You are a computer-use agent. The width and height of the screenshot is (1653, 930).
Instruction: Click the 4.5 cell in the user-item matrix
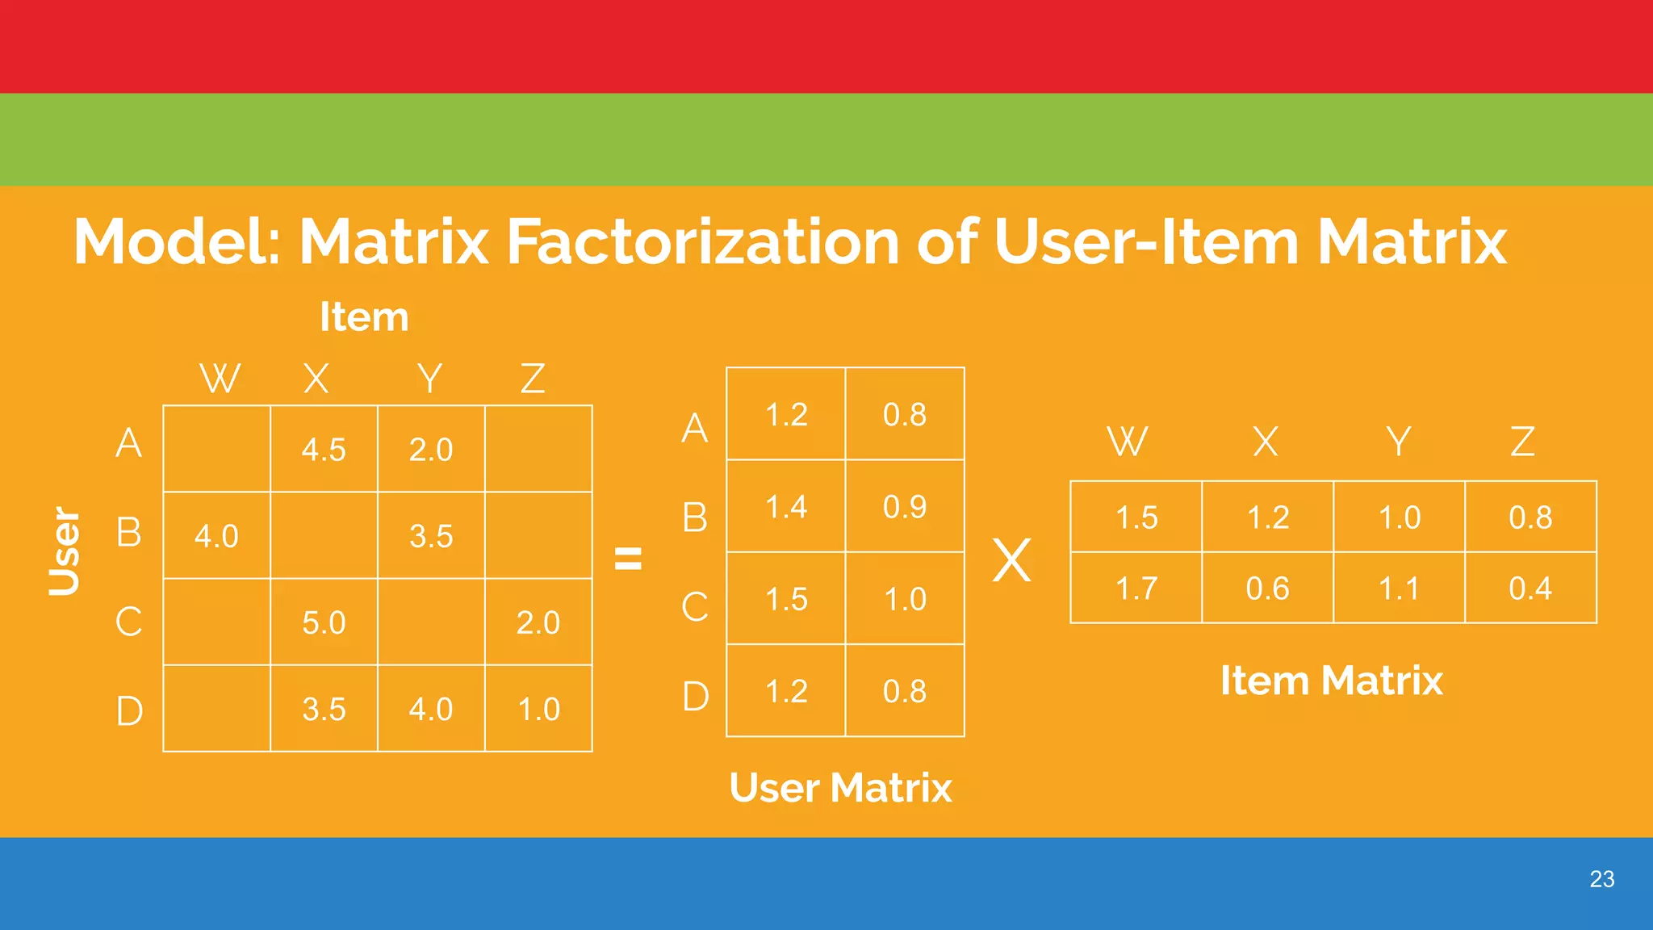tap(324, 450)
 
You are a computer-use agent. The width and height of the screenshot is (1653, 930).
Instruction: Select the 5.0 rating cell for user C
tap(324, 622)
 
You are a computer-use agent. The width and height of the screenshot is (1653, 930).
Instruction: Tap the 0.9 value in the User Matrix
tap(905, 507)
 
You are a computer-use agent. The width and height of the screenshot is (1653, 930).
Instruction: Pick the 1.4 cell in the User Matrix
tap(786, 507)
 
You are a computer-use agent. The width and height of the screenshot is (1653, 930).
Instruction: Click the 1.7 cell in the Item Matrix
tap(1136, 589)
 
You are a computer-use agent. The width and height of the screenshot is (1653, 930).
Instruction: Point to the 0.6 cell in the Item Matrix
tap(1267, 589)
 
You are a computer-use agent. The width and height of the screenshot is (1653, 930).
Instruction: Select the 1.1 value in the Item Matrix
tap(1399, 589)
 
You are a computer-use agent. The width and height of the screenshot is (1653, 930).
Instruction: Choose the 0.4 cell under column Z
tap(1530, 589)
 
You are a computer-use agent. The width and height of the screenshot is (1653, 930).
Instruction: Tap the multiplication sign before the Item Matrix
tap(1012, 560)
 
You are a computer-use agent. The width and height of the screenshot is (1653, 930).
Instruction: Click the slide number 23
tap(1601, 879)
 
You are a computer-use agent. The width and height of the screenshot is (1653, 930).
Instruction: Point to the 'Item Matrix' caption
tap(1331, 681)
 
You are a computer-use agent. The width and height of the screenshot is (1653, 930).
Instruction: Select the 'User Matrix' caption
tap(840, 788)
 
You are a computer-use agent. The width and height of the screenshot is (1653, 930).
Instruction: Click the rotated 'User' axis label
tap(65, 551)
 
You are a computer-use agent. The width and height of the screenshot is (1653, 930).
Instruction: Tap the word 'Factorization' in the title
tap(702, 241)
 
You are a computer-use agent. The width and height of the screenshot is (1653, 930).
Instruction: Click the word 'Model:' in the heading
tap(177, 241)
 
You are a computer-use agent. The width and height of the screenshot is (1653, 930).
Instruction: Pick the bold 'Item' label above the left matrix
tap(364, 316)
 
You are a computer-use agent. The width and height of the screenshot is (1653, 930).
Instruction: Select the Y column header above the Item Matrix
tap(1399, 442)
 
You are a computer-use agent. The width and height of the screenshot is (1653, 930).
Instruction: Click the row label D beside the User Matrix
tap(695, 696)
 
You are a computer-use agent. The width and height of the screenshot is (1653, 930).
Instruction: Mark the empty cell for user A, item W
tap(216, 449)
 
